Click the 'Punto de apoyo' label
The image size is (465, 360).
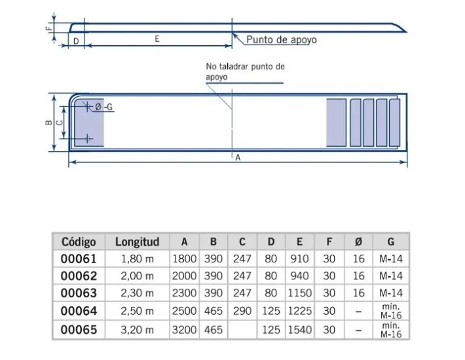281,40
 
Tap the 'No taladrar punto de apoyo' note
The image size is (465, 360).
245,71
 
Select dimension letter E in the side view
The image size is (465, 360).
158,39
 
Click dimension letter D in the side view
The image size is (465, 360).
76,41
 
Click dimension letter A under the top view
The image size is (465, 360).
237,158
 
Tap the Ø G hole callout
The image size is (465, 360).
103,107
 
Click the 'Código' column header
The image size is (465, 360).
78,242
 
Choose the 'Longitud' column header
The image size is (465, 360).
138,242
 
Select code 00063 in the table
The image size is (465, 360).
78,294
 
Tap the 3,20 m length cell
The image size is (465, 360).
138,329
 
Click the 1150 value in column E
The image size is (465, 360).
299,294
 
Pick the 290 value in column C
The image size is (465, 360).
242,312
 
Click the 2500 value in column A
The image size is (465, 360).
184,312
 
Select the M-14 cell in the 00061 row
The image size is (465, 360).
390,259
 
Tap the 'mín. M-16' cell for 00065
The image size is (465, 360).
390,329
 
